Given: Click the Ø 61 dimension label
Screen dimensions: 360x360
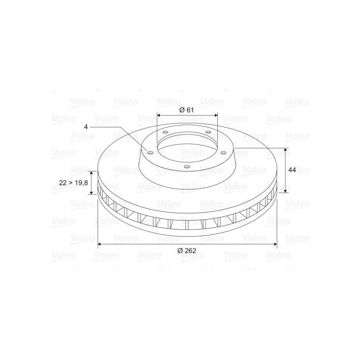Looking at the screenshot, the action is [x=186, y=110].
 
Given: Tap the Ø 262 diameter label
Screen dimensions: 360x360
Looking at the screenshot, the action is [x=187, y=250].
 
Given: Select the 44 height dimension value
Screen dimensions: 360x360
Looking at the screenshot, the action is [x=292, y=170].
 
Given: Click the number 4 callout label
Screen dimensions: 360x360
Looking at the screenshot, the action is [x=86, y=127].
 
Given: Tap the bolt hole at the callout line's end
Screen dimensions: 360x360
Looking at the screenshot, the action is [x=150, y=153].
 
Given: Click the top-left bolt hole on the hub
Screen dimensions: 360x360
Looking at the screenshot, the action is [x=165, y=132].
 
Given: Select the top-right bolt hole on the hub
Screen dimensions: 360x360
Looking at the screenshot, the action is [x=208, y=132].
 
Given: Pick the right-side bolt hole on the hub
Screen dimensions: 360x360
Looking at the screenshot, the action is [x=223, y=153].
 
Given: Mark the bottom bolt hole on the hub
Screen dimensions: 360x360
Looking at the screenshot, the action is [x=187, y=166].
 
